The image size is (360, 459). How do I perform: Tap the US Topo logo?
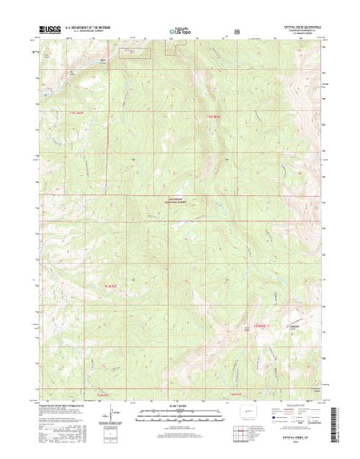(180, 32)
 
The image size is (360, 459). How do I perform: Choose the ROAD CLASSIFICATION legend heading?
(292, 406)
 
